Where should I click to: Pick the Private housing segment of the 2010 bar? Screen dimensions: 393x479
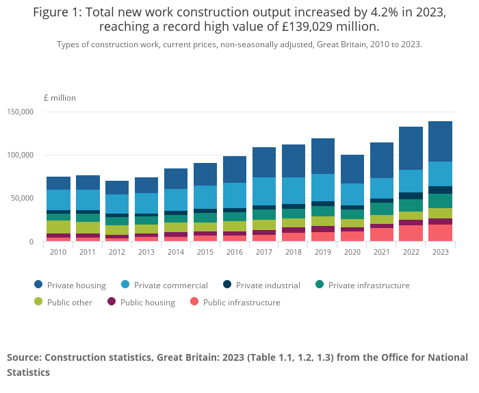[x=58, y=183]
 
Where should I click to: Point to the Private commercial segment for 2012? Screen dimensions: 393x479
[x=117, y=204]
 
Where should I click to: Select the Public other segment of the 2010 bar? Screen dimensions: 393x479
[x=58, y=227]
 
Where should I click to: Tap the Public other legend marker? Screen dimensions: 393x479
[x=38, y=302]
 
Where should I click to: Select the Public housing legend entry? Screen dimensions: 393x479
[x=147, y=302]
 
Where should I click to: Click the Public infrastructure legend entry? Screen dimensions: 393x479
[x=241, y=302]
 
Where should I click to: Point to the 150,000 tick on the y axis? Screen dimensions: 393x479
[x=21, y=112]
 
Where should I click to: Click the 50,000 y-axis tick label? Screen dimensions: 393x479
[x=23, y=199]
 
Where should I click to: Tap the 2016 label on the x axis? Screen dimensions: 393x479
[x=235, y=251]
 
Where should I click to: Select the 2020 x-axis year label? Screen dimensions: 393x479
[x=352, y=251]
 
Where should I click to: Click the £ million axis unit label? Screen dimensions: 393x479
[x=60, y=98]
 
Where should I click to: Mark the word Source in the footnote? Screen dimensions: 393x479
[x=25, y=357]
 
